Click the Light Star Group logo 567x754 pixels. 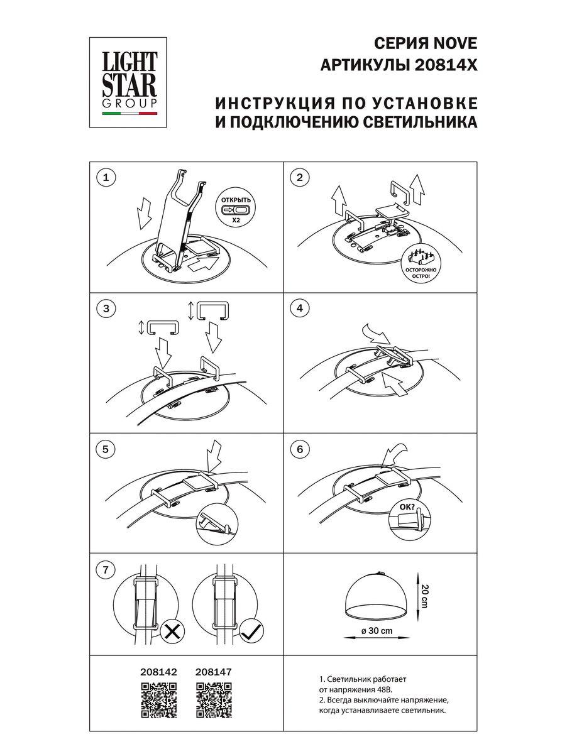click(x=131, y=80)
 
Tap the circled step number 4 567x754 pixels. click(x=300, y=308)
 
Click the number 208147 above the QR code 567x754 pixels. click(x=214, y=672)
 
